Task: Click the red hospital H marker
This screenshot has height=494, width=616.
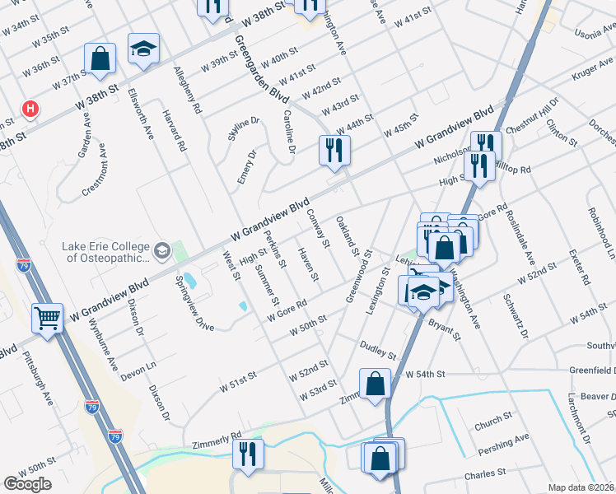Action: coord(30,108)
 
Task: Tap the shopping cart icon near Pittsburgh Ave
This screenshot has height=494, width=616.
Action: coord(47,317)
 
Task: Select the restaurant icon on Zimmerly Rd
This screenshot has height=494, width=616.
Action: coord(247,453)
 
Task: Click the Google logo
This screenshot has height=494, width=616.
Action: coord(27,484)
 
